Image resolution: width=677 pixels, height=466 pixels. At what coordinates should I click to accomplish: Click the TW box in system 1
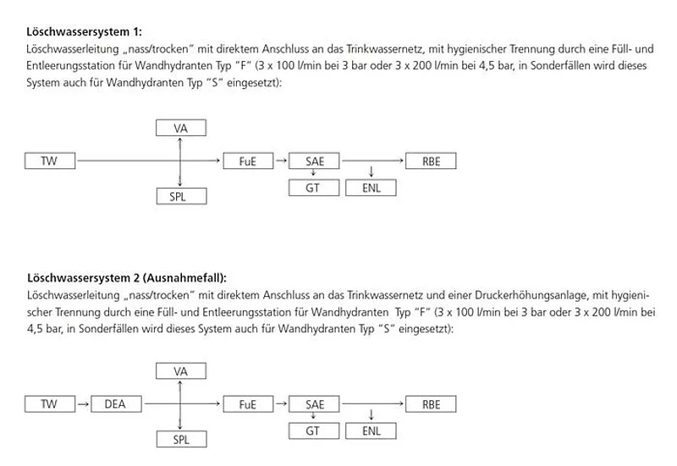50,161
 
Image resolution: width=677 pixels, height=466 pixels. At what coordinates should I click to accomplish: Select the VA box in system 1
180,128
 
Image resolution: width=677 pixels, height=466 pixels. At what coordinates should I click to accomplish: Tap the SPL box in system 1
180,196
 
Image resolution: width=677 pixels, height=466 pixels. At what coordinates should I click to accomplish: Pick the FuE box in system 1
247,161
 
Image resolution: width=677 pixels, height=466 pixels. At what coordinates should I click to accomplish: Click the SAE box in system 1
314,161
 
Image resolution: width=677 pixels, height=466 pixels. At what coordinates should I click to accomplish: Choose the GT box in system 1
314,188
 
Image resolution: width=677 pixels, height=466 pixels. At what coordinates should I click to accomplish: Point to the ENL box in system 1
371,188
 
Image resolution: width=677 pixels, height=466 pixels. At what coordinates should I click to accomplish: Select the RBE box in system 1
431,161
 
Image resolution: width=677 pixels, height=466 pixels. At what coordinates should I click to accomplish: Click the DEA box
114,404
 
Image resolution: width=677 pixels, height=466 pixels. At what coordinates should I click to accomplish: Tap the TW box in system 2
50,404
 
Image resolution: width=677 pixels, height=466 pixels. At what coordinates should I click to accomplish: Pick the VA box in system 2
180,371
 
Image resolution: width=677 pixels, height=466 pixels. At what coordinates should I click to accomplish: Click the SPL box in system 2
180,440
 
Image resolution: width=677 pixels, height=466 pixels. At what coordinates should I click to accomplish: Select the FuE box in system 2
247,404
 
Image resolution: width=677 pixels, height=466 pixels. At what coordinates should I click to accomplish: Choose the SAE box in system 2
314,404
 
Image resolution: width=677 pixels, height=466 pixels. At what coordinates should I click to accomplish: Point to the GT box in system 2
314,431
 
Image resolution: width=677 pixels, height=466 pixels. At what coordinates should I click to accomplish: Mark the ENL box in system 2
371,431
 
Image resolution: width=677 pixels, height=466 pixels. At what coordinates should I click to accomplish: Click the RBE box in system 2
431,404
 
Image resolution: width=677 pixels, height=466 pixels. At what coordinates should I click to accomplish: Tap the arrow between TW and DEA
83,404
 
